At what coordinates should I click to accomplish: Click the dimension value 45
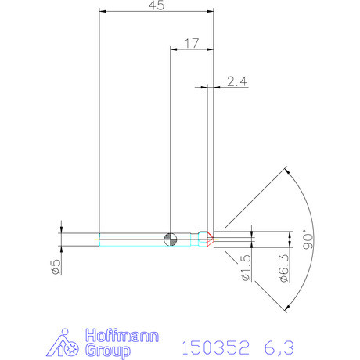point(156,5)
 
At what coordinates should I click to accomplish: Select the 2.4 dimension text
point(236,81)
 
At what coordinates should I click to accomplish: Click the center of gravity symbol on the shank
point(170,238)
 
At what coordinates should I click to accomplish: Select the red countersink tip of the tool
point(210,238)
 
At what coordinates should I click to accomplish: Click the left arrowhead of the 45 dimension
point(101,12)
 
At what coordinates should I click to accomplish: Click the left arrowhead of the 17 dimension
point(173,47)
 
